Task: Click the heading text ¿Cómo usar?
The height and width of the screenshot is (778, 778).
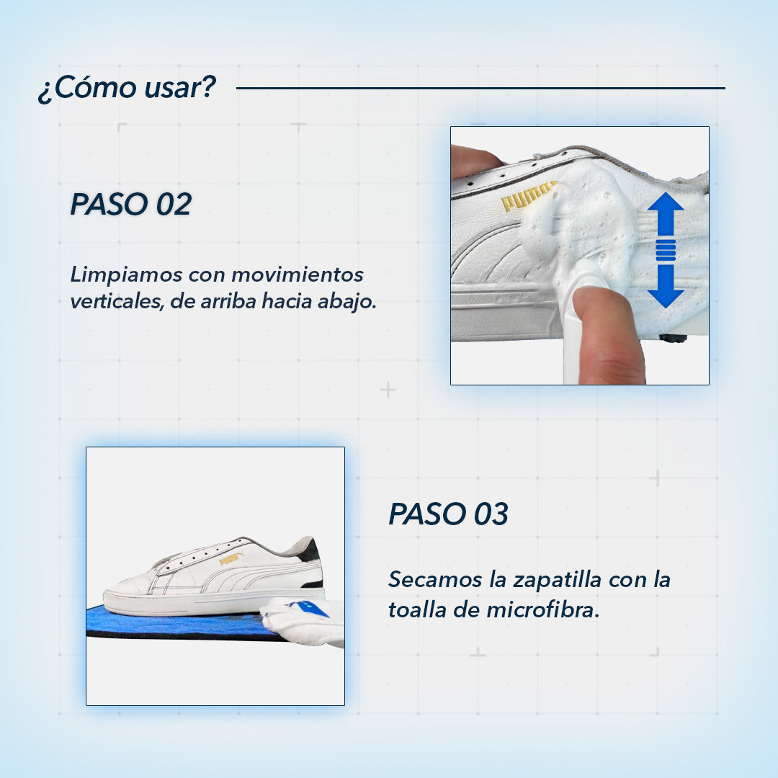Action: [127, 88]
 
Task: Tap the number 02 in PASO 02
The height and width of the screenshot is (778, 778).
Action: [174, 205]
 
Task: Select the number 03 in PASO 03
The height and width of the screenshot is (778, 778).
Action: [491, 514]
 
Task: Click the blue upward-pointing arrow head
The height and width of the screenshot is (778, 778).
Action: [665, 209]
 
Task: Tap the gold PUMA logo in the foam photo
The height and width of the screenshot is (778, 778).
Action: [527, 197]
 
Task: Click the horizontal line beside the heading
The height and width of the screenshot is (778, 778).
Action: [480, 89]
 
